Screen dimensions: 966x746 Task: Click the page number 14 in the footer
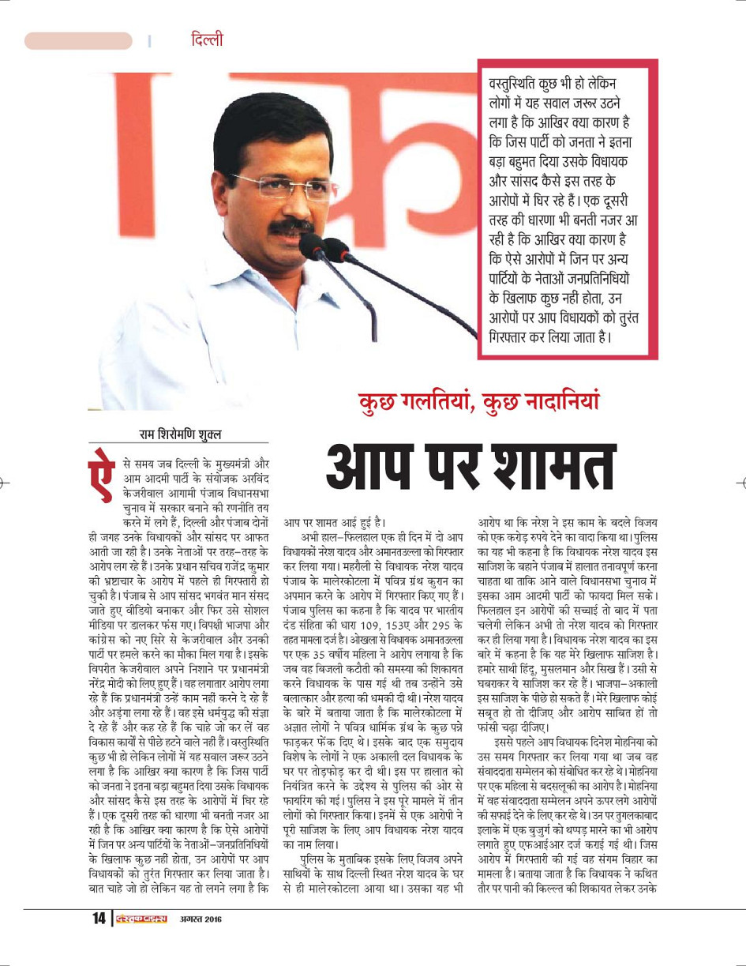point(99,919)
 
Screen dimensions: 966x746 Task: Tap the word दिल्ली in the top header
point(207,39)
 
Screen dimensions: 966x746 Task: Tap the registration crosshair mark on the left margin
point(4,481)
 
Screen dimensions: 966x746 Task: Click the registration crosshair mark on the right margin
point(741,481)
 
